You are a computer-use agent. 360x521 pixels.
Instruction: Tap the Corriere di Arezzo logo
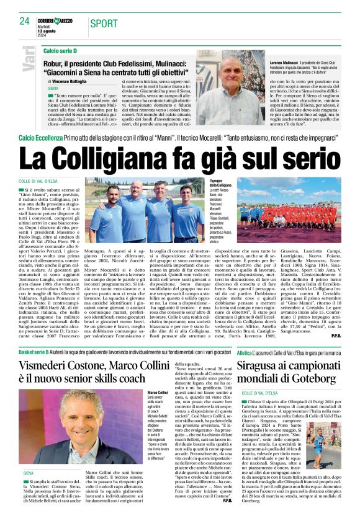[x=60, y=20]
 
